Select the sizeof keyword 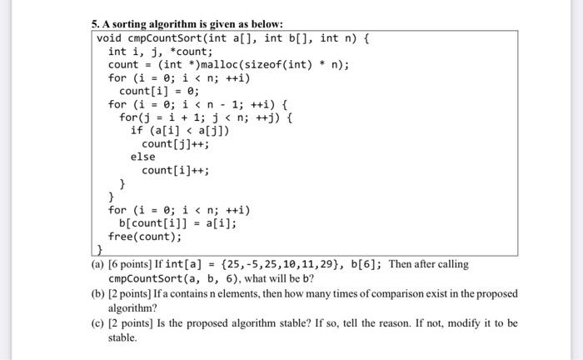pos(267,64)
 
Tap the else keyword pos(143,157)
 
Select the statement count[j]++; pos(175,143)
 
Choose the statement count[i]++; pos(175,170)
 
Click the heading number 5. pos(95,23)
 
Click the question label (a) pos(97,264)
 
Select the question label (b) pos(98,294)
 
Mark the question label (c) pos(97,323)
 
